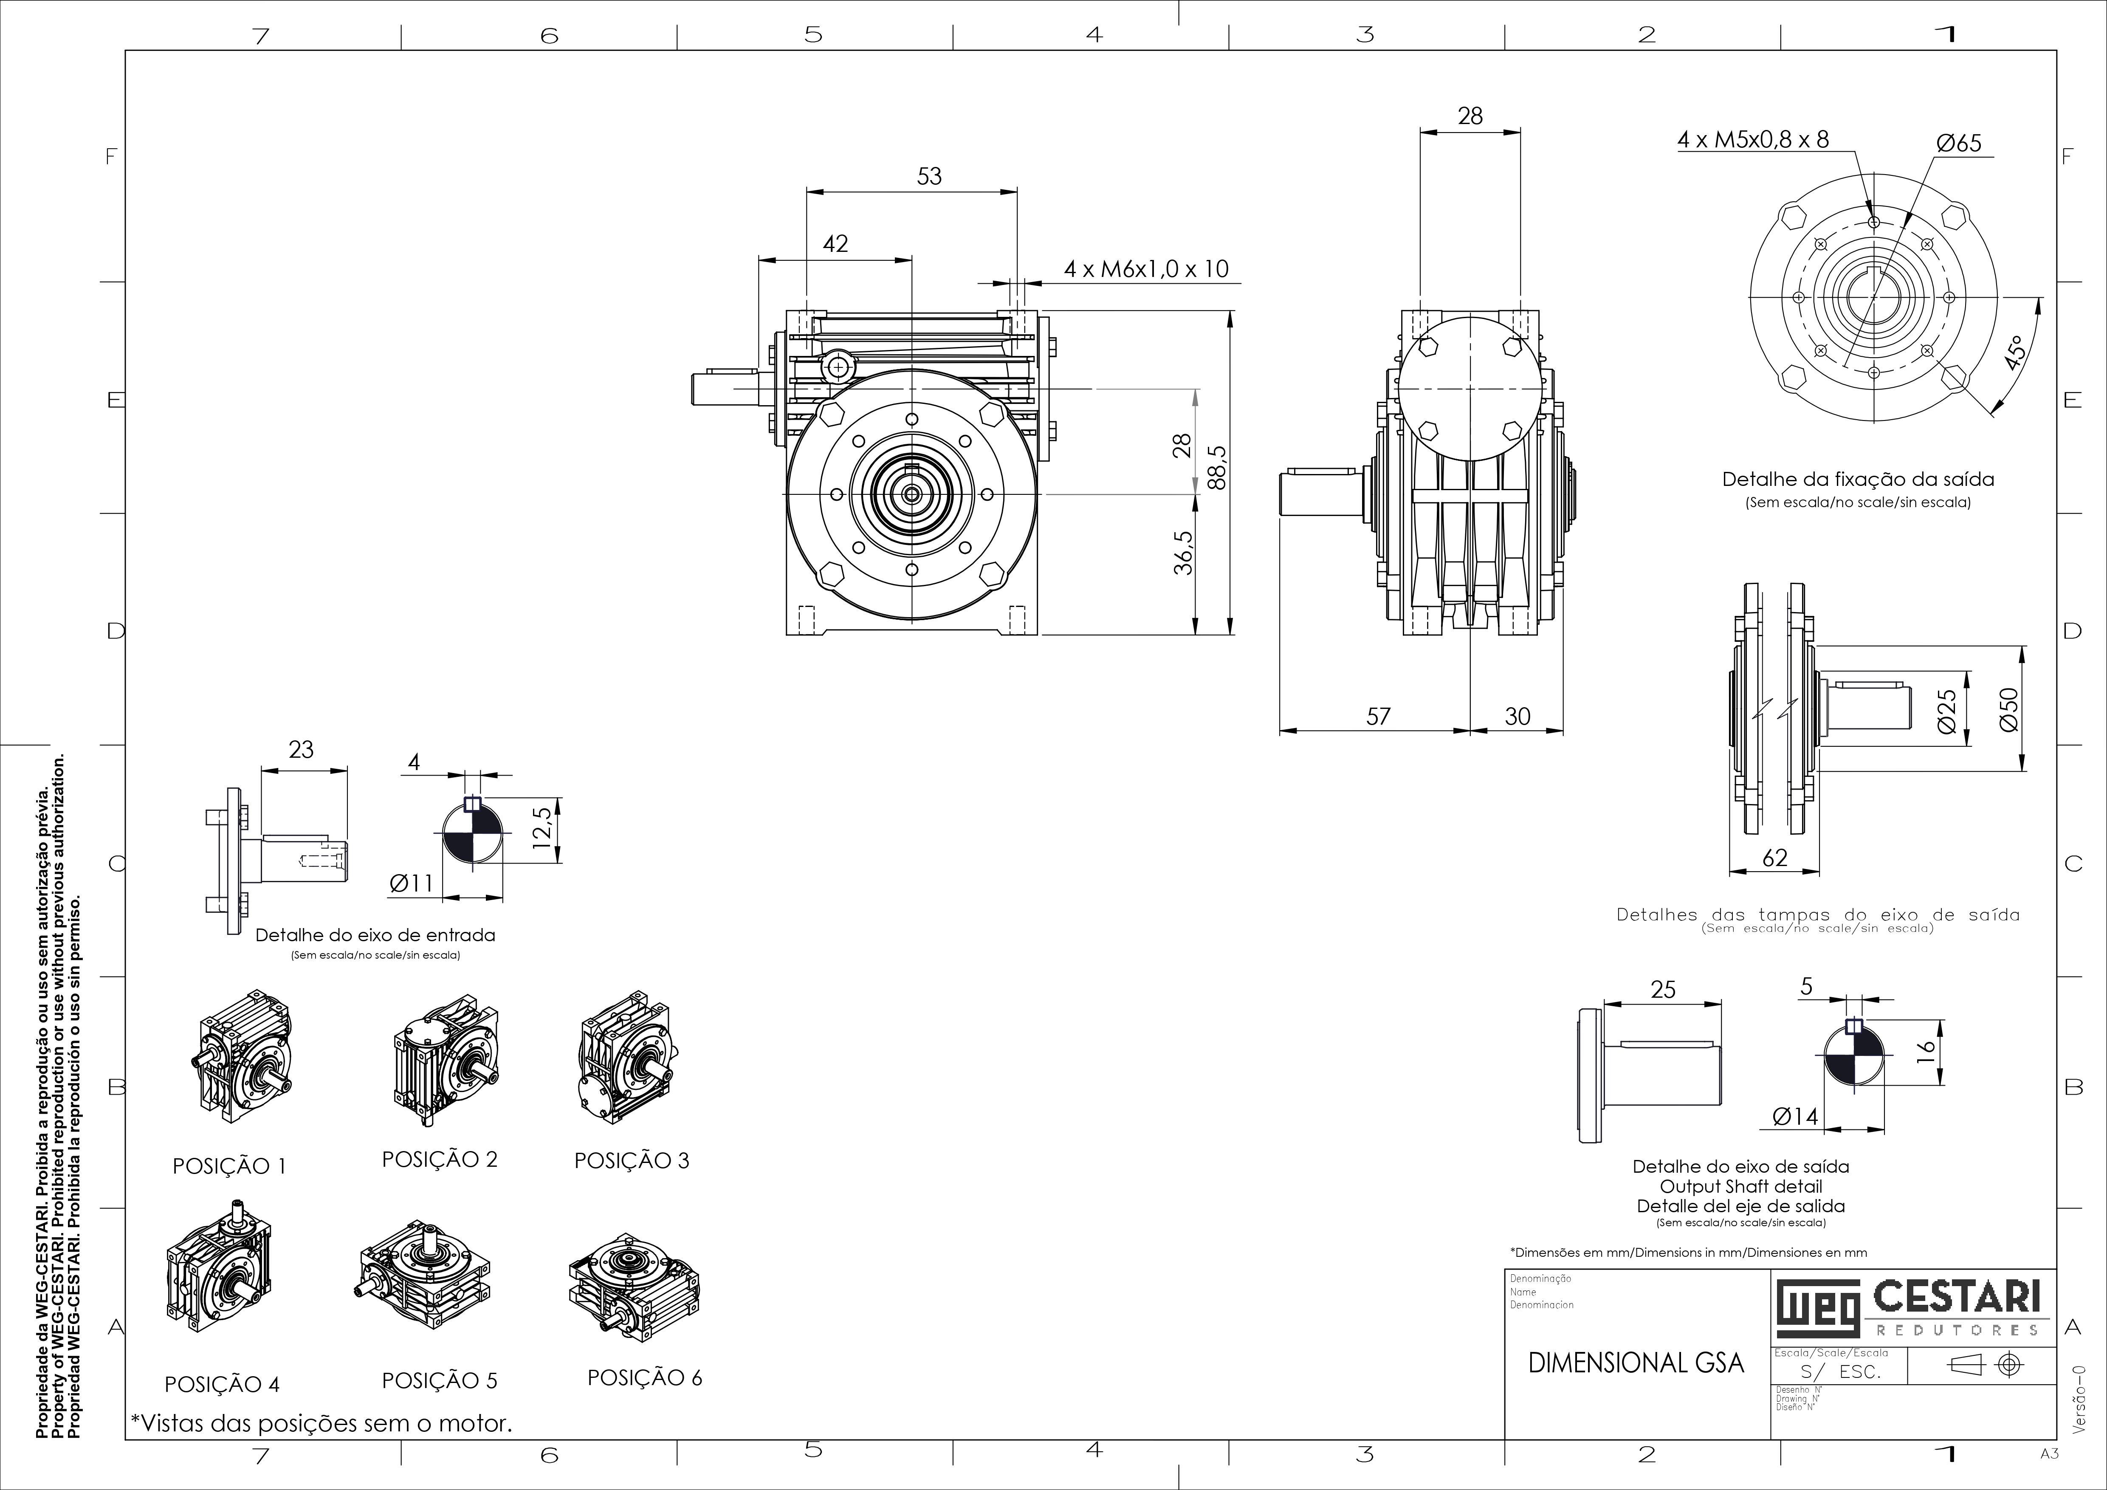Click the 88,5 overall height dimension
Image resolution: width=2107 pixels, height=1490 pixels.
coord(1217,468)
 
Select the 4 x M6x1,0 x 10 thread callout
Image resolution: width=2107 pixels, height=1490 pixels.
coord(1146,269)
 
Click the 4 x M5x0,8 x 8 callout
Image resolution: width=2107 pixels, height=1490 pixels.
coord(1753,139)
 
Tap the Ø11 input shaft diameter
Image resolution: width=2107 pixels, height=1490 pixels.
coord(411,883)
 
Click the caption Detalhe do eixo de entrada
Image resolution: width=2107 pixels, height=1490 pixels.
coord(375,935)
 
